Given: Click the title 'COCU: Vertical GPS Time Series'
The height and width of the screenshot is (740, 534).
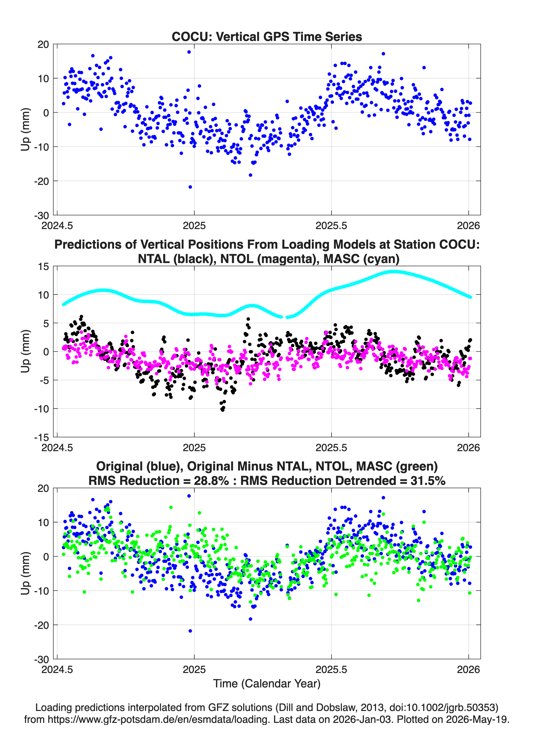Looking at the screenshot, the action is [267, 36].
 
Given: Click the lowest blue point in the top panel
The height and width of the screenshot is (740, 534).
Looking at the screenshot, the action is [190, 187].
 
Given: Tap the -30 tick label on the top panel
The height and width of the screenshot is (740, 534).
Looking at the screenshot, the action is [42, 215].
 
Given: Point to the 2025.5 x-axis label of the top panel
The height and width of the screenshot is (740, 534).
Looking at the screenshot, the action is [331, 226].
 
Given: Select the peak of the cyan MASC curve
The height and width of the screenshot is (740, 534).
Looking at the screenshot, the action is [394, 271].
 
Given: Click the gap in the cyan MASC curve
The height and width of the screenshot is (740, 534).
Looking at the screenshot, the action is [284, 317].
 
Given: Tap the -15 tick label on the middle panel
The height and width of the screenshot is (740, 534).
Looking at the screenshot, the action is [42, 437].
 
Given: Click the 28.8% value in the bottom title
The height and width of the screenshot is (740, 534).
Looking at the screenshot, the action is [211, 481].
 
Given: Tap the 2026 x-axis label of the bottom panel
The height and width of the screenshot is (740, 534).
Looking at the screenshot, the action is [468, 669].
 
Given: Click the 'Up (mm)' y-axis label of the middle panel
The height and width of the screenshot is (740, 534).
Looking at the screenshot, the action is [26, 351].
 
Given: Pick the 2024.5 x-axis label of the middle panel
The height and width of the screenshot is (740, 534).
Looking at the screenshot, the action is [57, 447].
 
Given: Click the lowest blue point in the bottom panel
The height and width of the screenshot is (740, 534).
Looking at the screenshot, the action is [190, 631].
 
